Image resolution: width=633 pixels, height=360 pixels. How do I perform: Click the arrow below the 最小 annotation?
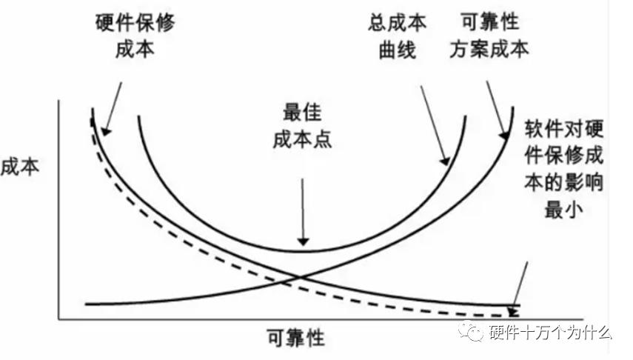coord(520,285)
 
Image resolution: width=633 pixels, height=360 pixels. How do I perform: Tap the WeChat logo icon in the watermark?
coord(470,332)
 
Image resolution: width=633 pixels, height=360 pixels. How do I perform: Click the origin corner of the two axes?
coord(59,320)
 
